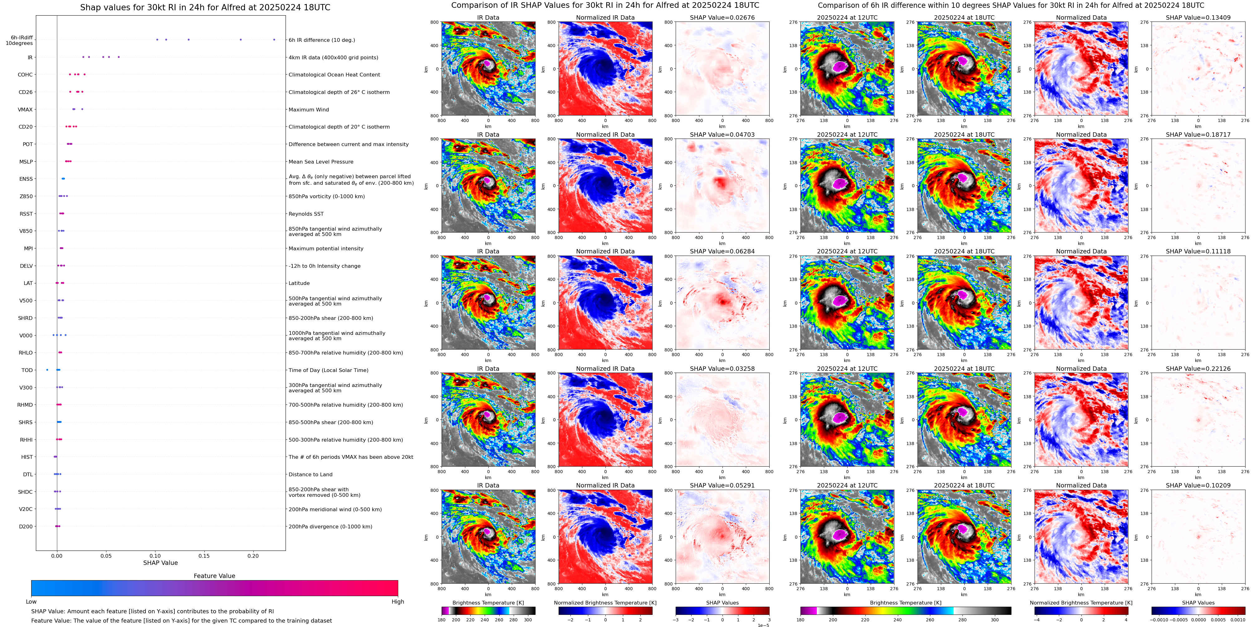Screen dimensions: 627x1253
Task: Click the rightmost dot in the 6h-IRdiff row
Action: [274, 39]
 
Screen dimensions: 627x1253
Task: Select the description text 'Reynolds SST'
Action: [306, 214]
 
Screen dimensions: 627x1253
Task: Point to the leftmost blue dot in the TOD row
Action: [47, 370]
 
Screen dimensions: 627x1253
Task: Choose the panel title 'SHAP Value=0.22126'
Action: [1198, 369]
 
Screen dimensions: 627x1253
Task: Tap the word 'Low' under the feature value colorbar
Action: [31, 602]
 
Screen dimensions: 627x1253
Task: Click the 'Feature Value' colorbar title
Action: [214, 576]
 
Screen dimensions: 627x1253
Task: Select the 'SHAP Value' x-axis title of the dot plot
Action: [160, 563]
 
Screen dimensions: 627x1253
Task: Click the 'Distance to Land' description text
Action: [310, 475]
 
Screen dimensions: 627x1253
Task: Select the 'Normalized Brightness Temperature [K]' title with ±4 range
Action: [1081, 603]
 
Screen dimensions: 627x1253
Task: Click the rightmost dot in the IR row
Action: [119, 57]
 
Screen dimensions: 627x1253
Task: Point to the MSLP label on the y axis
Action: [26, 161]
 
